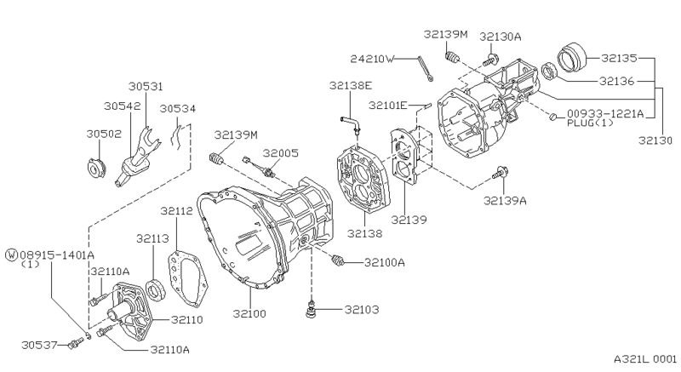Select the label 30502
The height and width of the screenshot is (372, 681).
[103, 134]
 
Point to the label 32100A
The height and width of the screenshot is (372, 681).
[384, 262]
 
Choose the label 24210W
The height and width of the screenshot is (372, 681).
[372, 59]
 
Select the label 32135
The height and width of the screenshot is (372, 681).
[619, 58]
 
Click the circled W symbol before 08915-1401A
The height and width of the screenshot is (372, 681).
[11, 254]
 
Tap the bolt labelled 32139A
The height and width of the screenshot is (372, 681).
[501, 175]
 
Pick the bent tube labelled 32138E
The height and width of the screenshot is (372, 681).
[352, 124]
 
